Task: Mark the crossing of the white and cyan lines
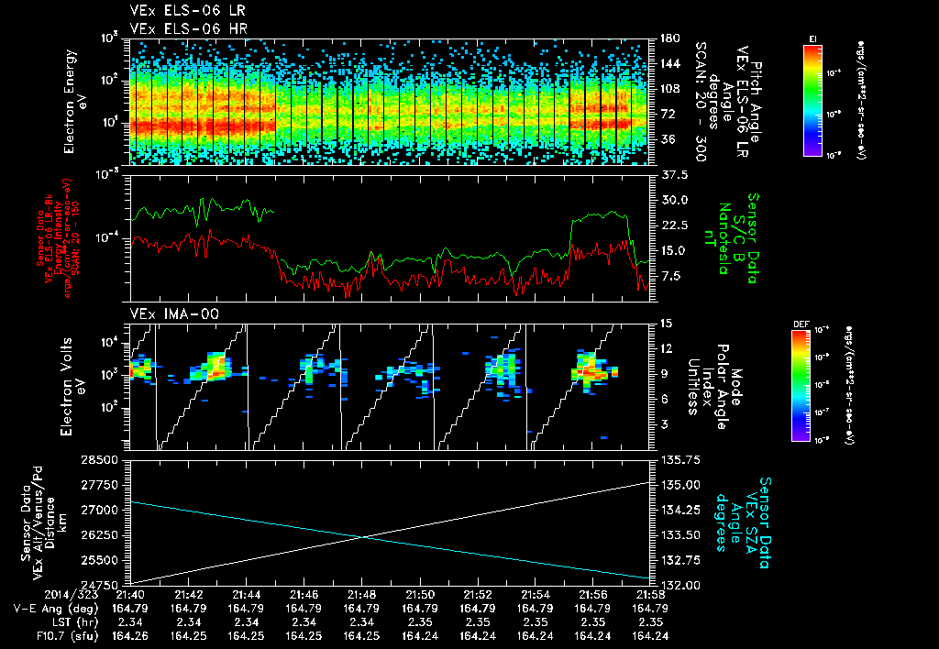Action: pyautogui.click(x=366, y=537)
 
